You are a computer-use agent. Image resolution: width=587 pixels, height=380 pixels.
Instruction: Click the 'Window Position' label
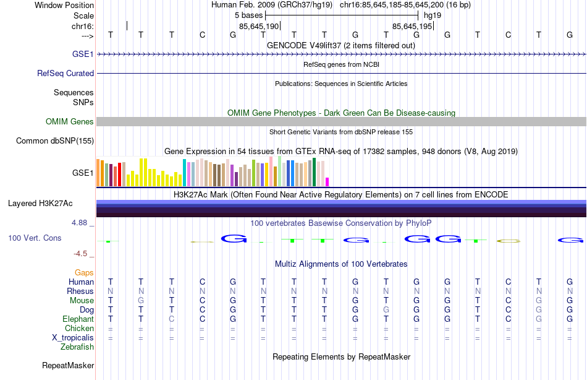click(64, 5)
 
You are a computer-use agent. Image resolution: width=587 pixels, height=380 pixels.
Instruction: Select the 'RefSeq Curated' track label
click(65, 73)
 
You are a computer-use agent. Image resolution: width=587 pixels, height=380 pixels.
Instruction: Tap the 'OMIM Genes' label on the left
click(69, 122)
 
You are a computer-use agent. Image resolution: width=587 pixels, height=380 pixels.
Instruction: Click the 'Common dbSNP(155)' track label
click(55, 141)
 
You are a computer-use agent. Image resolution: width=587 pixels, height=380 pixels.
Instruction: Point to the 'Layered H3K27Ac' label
click(40, 203)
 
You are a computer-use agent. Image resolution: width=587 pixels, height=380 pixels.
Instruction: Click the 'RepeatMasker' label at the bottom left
click(68, 366)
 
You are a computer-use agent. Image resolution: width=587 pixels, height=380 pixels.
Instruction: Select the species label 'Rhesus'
click(80, 291)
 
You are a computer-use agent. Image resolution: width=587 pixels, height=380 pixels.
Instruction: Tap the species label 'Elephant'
click(78, 319)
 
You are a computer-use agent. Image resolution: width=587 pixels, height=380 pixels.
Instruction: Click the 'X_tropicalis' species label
click(73, 338)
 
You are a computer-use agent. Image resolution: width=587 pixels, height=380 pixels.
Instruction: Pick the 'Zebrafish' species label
click(77, 347)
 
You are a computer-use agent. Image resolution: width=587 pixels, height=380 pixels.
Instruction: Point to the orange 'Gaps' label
click(84, 273)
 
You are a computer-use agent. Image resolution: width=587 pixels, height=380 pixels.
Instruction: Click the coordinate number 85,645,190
click(259, 26)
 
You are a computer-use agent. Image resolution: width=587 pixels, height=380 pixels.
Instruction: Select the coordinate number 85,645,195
click(412, 26)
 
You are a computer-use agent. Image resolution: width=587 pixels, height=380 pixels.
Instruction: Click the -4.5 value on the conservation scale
click(81, 254)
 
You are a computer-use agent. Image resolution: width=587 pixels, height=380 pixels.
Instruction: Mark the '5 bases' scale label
click(250, 15)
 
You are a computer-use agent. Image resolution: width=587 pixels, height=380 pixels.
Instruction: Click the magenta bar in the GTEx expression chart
click(327, 181)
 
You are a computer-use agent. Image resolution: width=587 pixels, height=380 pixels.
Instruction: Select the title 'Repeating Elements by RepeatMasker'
click(341, 357)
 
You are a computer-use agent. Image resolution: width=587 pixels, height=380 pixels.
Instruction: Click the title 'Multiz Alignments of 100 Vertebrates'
click(341, 264)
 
